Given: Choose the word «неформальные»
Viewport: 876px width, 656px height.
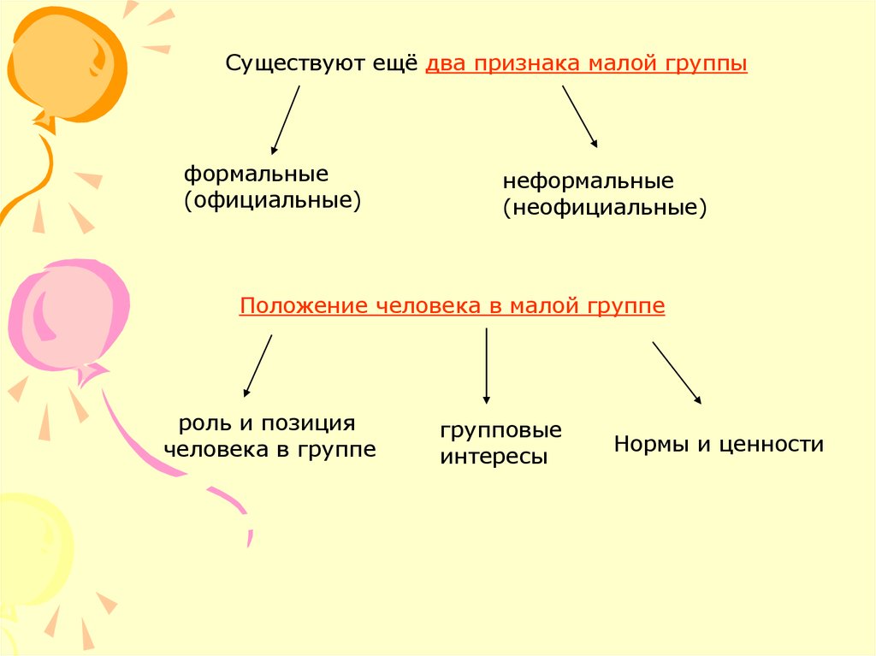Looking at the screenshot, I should tap(588, 181).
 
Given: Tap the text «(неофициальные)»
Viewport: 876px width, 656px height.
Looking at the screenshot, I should tap(605, 207).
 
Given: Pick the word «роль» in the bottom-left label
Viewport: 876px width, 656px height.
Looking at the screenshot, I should tap(202, 423).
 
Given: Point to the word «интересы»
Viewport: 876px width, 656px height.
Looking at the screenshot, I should tap(494, 457).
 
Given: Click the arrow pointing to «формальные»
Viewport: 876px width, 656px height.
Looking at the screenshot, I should tap(285, 120).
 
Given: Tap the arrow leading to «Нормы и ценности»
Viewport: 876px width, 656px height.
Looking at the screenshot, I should tap(677, 372).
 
